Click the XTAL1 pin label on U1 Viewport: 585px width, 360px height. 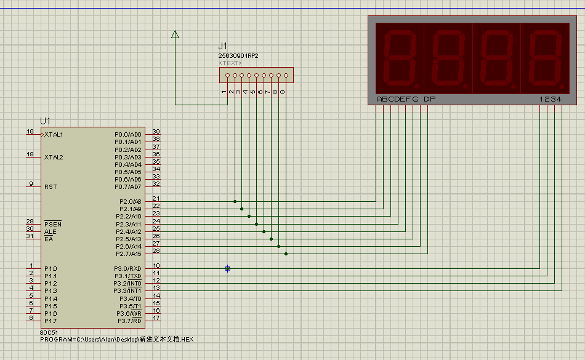click(54, 135)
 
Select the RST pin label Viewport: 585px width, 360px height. click(50, 186)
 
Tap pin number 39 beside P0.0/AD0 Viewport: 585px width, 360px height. click(156, 132)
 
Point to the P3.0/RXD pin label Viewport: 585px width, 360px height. click(127, 269)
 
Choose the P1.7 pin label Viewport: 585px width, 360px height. click(50, 321)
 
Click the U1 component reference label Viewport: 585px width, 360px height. click(45, 121)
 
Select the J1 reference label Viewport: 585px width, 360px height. click(223, 46)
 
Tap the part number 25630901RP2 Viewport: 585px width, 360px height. click(238, 56)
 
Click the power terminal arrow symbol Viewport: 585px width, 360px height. click(175, 34)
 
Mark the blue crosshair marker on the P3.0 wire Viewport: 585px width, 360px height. click(228, 269)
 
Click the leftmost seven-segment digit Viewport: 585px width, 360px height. click(400, 58)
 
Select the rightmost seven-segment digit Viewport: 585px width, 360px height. click(545, 58)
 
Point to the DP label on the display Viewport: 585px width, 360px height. click(429, 99)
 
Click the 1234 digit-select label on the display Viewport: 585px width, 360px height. click(551, 99)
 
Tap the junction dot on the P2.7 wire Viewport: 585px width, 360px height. click(286, 254)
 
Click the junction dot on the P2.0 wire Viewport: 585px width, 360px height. click(235, 202)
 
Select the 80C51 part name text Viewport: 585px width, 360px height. click(49, 332)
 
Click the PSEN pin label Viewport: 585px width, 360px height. click(52, 224)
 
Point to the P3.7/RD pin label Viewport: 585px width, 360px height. click(129, 321)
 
